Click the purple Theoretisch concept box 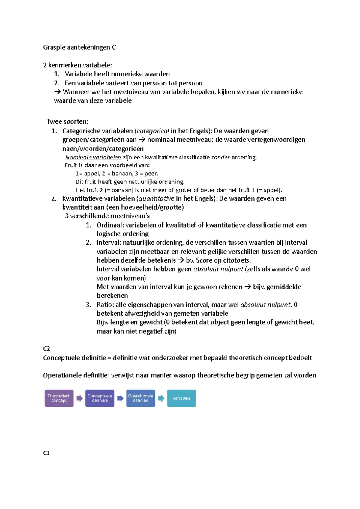59,398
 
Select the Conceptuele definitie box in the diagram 100,398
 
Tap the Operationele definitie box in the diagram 141,398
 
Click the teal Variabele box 181,398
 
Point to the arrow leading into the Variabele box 161,398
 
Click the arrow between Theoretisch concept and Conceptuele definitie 79,398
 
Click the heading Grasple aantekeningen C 79,47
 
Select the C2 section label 46,349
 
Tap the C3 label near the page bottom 46,453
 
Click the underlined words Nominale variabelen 93,157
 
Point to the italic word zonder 220,157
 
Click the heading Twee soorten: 67,121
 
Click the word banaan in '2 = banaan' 122,174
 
